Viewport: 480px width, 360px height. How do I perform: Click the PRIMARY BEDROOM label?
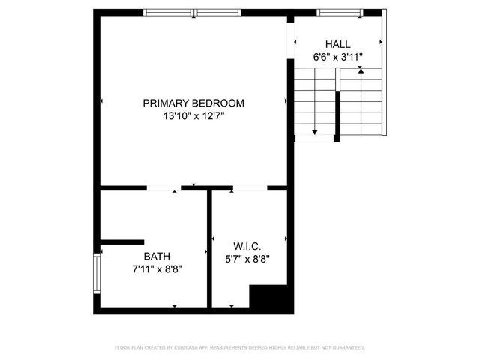pyautogui.click(x=193, y=103)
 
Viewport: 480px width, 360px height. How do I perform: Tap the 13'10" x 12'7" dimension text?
pyautogui.click(x=193, y=116)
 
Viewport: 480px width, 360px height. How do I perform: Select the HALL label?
pyautogui.click(x=337, y=44)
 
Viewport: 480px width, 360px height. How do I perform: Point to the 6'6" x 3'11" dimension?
pyautogui.click(x=337, y=57)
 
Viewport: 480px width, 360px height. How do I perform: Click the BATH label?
pyautogui.click(x=157, y=256)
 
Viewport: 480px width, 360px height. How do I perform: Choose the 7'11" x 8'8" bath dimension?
pyautogui.click(x=157, y=268)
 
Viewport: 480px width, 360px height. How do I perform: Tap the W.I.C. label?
pyautogui.click(x=247, y=246)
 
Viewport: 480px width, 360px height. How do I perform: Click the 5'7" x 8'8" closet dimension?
pyautogui.click(x=247, y=259)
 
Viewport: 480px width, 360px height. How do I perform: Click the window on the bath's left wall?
pyautogui.click(x=96, y=274)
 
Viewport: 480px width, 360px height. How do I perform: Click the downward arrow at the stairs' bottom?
pyautogui.click(x=315, y=132)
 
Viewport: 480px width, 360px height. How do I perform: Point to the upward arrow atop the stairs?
pyautogui.click(x=361, y=69)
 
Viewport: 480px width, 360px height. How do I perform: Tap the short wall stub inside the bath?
pyautogui.click(x=121, y=241)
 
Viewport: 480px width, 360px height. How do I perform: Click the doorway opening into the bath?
pyautogui.click(x=163, y=187)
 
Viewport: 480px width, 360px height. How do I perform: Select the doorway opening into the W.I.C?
pyautogui.click(x=251, y=187)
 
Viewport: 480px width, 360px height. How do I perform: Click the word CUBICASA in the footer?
pyautogui.click(x=187, y=348)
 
